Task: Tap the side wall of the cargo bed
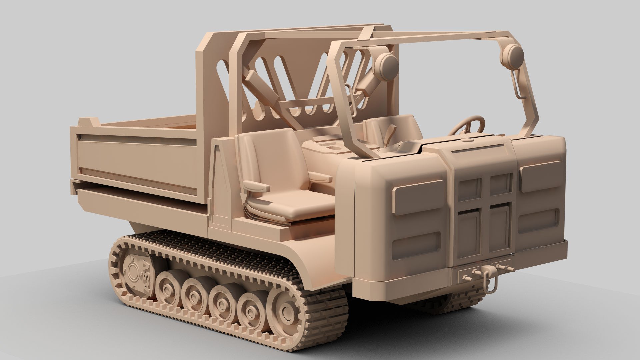point(140,157)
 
